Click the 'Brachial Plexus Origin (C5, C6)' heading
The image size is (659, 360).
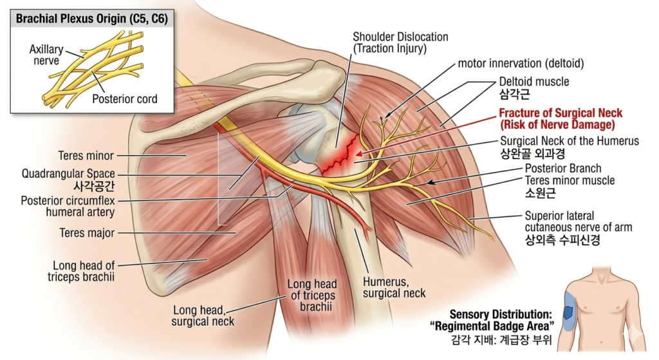(x=93, y=19)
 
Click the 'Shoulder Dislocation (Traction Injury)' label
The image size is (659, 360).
(x=400, y=43)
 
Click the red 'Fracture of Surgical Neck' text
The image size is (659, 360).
(x=561, y=113)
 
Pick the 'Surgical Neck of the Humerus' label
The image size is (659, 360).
(x=569, y=141)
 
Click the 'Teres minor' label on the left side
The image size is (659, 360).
(x=86, y=156)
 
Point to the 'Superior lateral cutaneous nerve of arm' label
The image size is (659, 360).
(x=578, y=221)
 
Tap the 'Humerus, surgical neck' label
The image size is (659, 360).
(x=394, y=287)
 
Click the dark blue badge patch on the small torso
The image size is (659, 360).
(x=569, y=312)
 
